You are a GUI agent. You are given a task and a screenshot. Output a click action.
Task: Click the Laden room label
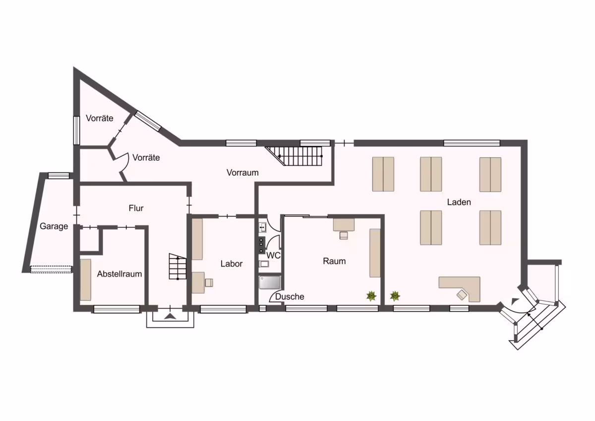[459, 202]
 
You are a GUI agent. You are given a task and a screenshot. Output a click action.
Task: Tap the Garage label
[54, 226]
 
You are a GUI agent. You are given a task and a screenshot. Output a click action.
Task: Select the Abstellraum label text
[119, 274]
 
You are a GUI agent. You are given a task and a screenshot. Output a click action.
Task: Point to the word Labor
[232, 264]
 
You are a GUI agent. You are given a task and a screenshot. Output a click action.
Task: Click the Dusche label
[290, 296]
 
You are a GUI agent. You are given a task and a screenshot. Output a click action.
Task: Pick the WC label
[273, 256]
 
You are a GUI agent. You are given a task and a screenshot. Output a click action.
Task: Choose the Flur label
[136, 208]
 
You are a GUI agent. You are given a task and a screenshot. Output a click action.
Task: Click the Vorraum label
[242, 173]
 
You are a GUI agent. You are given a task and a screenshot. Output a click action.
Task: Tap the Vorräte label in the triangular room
[100, 118]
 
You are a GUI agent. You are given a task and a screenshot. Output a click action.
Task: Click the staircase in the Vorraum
[295, 156]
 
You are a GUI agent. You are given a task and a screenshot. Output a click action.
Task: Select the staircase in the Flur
[178, 267]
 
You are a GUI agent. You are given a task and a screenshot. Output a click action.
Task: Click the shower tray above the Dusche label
[270, 282]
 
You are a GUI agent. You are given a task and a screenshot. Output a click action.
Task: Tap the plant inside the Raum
[371, 296]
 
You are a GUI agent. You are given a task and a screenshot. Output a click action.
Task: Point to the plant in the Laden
[395, 296]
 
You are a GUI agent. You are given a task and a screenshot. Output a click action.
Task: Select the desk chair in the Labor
[209, 282]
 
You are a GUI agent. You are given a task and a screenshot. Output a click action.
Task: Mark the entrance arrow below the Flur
[170, 316]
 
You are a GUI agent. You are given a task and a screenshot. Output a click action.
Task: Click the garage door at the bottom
[51, 270]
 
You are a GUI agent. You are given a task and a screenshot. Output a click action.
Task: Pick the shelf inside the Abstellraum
[85, 280]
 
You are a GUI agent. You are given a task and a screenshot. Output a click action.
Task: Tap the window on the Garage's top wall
[59, 176]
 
